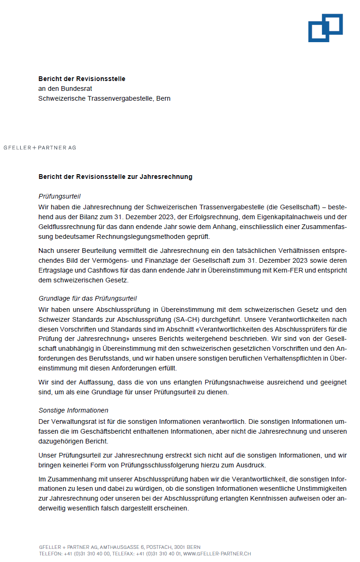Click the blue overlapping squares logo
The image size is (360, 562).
point(325,28)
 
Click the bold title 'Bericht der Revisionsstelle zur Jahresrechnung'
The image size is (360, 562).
point(115,177)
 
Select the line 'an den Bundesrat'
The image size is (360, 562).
point(65,89)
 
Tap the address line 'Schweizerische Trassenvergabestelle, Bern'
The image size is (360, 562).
point(104,98)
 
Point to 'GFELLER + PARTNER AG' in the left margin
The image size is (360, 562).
point(40,148)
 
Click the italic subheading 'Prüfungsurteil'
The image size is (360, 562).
point(60,196)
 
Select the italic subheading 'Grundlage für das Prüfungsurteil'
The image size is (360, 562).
point(88,298)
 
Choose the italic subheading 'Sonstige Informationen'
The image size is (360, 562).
point(73,410)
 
